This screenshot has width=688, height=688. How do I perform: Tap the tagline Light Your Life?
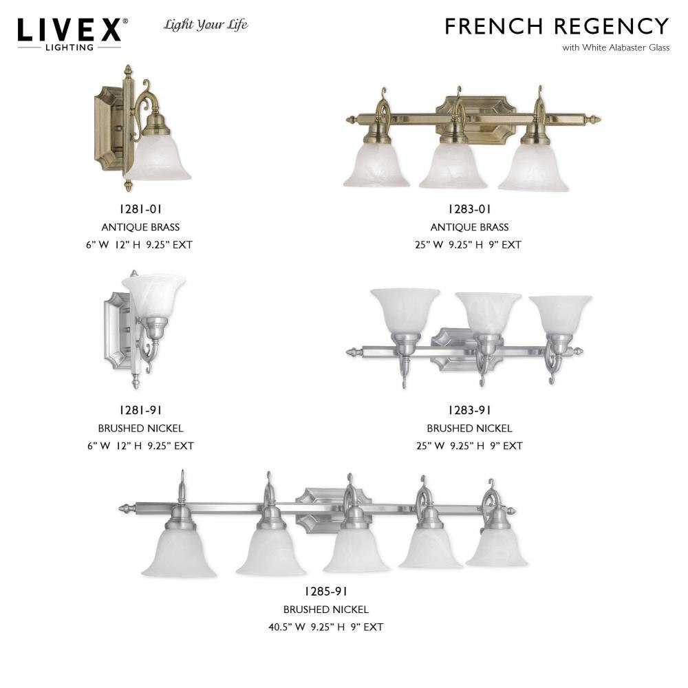click(206, 25)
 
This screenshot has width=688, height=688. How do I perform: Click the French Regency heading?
click(557, 26)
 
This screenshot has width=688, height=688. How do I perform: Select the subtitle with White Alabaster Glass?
click(616, 48)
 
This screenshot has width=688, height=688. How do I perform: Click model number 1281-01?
click(141, 209)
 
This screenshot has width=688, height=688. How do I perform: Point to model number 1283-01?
click(469, 209)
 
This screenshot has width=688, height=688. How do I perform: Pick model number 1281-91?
click(141, 410)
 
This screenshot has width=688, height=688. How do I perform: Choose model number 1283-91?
click(469, 410)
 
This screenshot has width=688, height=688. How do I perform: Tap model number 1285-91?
click(326, 592)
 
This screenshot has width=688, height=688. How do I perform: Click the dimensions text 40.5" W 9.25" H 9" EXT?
click(326, 627)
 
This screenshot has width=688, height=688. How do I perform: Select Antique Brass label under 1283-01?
click(469, 227)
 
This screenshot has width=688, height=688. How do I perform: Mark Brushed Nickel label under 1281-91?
click(141, 428)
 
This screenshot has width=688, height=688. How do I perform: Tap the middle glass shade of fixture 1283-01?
click(453, 166)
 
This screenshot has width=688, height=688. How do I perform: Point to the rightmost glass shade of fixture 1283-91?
click(560, 313)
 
